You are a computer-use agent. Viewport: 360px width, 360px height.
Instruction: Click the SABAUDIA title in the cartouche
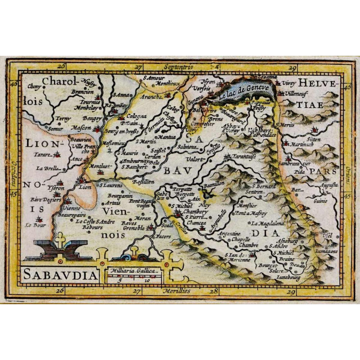[x=59, y=274]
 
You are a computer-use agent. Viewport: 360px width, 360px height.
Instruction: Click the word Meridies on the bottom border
[x=177, y=291]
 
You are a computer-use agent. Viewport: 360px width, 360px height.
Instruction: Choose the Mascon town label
[x=81, y=128]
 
